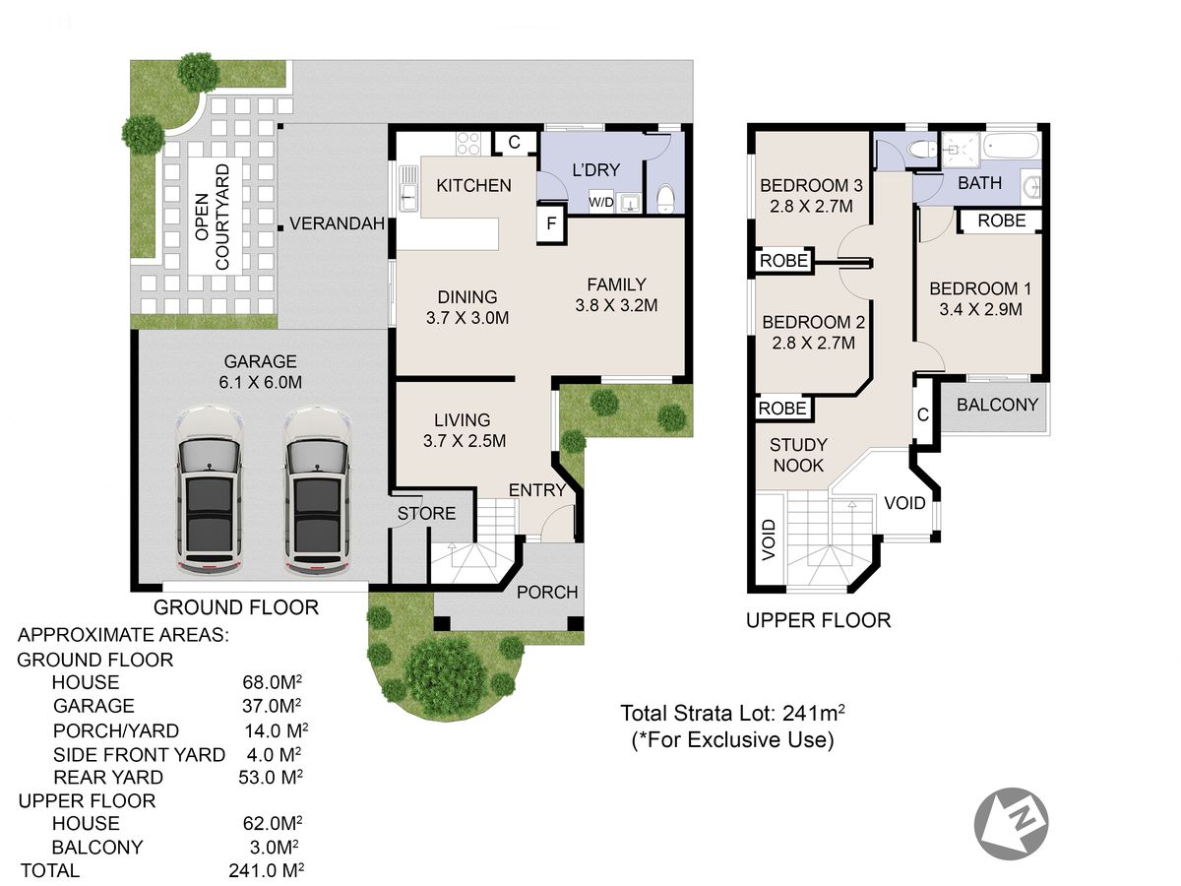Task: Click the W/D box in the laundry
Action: pos(600,202)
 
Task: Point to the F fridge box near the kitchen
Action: pos(551,222)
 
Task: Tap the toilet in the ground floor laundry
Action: pos(665,200)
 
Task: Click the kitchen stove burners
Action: pos(467,144)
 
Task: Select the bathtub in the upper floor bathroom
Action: pos(1011,146)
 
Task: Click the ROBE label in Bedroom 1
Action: pos(1001,221)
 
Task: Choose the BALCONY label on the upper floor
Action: pos(997,405)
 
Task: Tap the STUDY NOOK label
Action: pos(798,455)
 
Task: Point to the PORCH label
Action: pos(547,593)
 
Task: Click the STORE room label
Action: pos(426,513)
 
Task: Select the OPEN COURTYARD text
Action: pos(212,217)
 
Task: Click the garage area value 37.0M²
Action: pos(272,705)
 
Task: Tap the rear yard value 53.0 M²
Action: pos(271,777)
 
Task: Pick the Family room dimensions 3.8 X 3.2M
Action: pos(616,305)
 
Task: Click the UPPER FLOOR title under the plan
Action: pos(819,620)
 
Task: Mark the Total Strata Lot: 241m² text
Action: pos(732,714)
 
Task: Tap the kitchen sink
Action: pos(407,188)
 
